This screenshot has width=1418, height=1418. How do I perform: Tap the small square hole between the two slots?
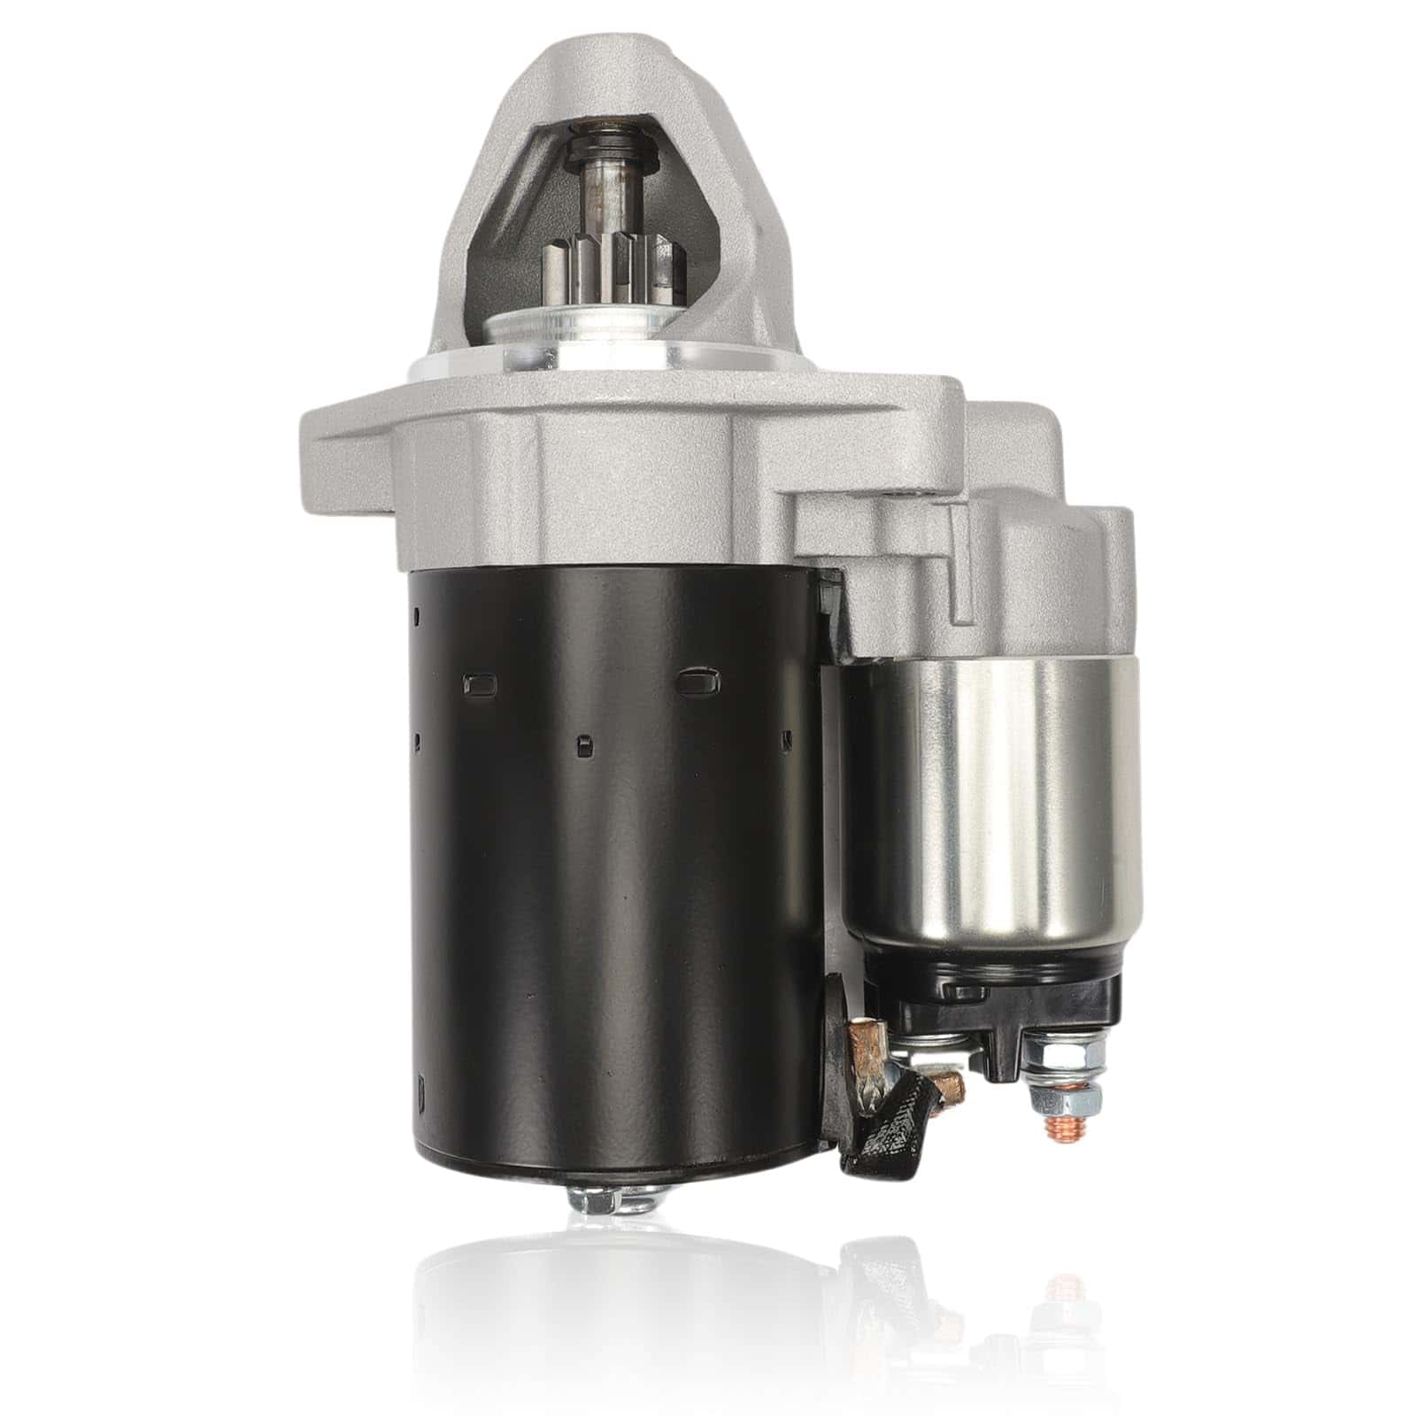582,746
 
